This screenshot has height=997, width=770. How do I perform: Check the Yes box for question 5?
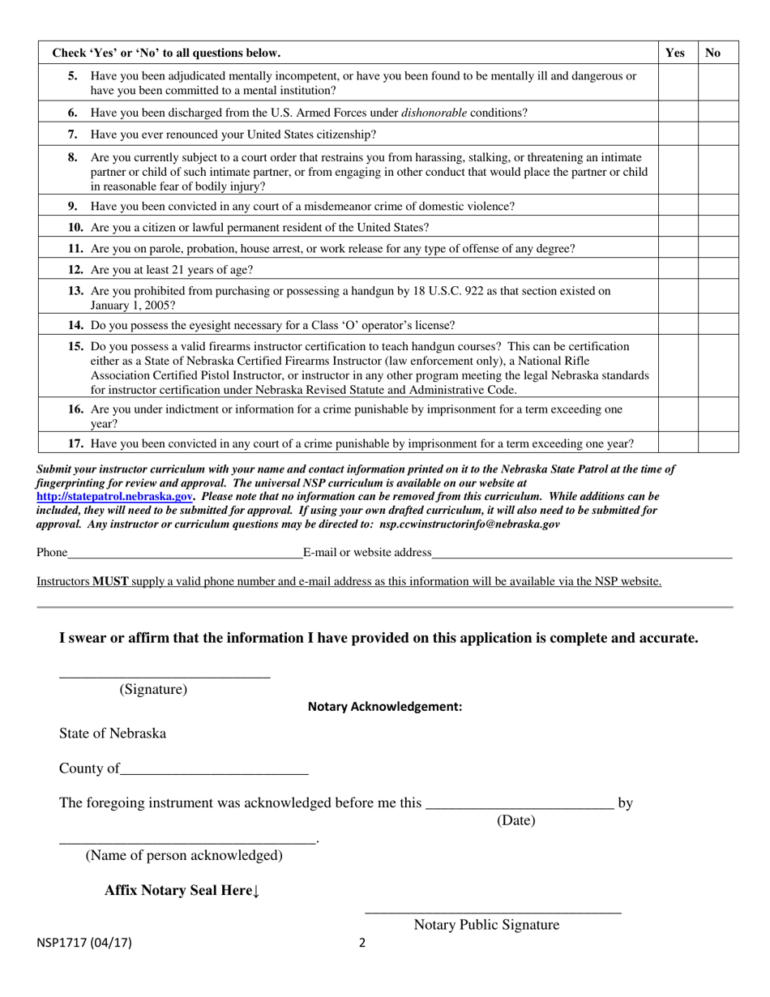pyautogui.click(x=678, y=83)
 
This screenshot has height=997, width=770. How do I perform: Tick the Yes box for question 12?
pyautogui.click(x=678, y=269)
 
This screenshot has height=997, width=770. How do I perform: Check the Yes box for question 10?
pyautogui.click(x=678, y=227)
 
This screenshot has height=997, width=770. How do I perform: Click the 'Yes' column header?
pyautogui.click(x=674, y=53)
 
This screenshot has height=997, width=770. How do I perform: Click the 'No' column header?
pyautogui.click(x=713, y=53)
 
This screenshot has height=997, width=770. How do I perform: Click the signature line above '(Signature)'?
pyautogui.click(x=165, y=673)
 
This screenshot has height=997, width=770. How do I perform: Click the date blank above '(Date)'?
pyautogui.click(x=519, y=805)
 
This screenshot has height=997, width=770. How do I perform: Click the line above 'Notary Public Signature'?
pyautogui.click(x=493, y=911)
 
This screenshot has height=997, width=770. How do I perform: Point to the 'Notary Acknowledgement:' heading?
pyautogui.click(x=385, y=707)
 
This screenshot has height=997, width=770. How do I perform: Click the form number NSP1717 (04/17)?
pyautogui.click(x=84, y=943)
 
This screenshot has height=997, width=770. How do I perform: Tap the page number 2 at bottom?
pyautogui.click(x=362, y=943)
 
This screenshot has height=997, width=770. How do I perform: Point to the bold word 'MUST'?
pyautogui.click(x=110, y=581)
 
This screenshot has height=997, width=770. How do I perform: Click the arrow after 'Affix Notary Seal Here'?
pyautogui.click(x=256, y=891)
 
